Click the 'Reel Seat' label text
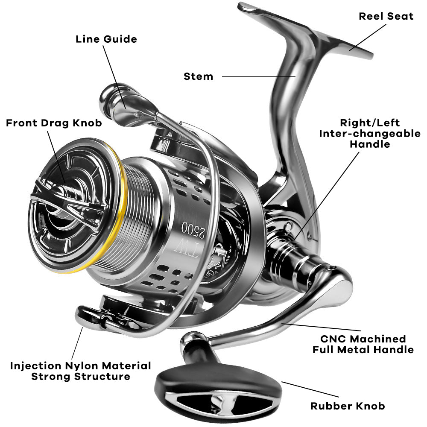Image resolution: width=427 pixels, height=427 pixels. point(386,16)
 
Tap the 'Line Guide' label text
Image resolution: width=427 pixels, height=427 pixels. point(106,39)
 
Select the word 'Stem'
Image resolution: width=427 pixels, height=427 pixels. point(198,76)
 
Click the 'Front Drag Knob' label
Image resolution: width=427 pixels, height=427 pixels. point(54,123)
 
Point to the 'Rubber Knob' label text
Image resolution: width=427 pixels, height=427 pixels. point(347,406)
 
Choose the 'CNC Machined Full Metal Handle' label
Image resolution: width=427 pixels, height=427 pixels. point(363,344)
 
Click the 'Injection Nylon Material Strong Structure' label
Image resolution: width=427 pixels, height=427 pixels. point(81,371)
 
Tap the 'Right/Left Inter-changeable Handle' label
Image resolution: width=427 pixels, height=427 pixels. point(370,133)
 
